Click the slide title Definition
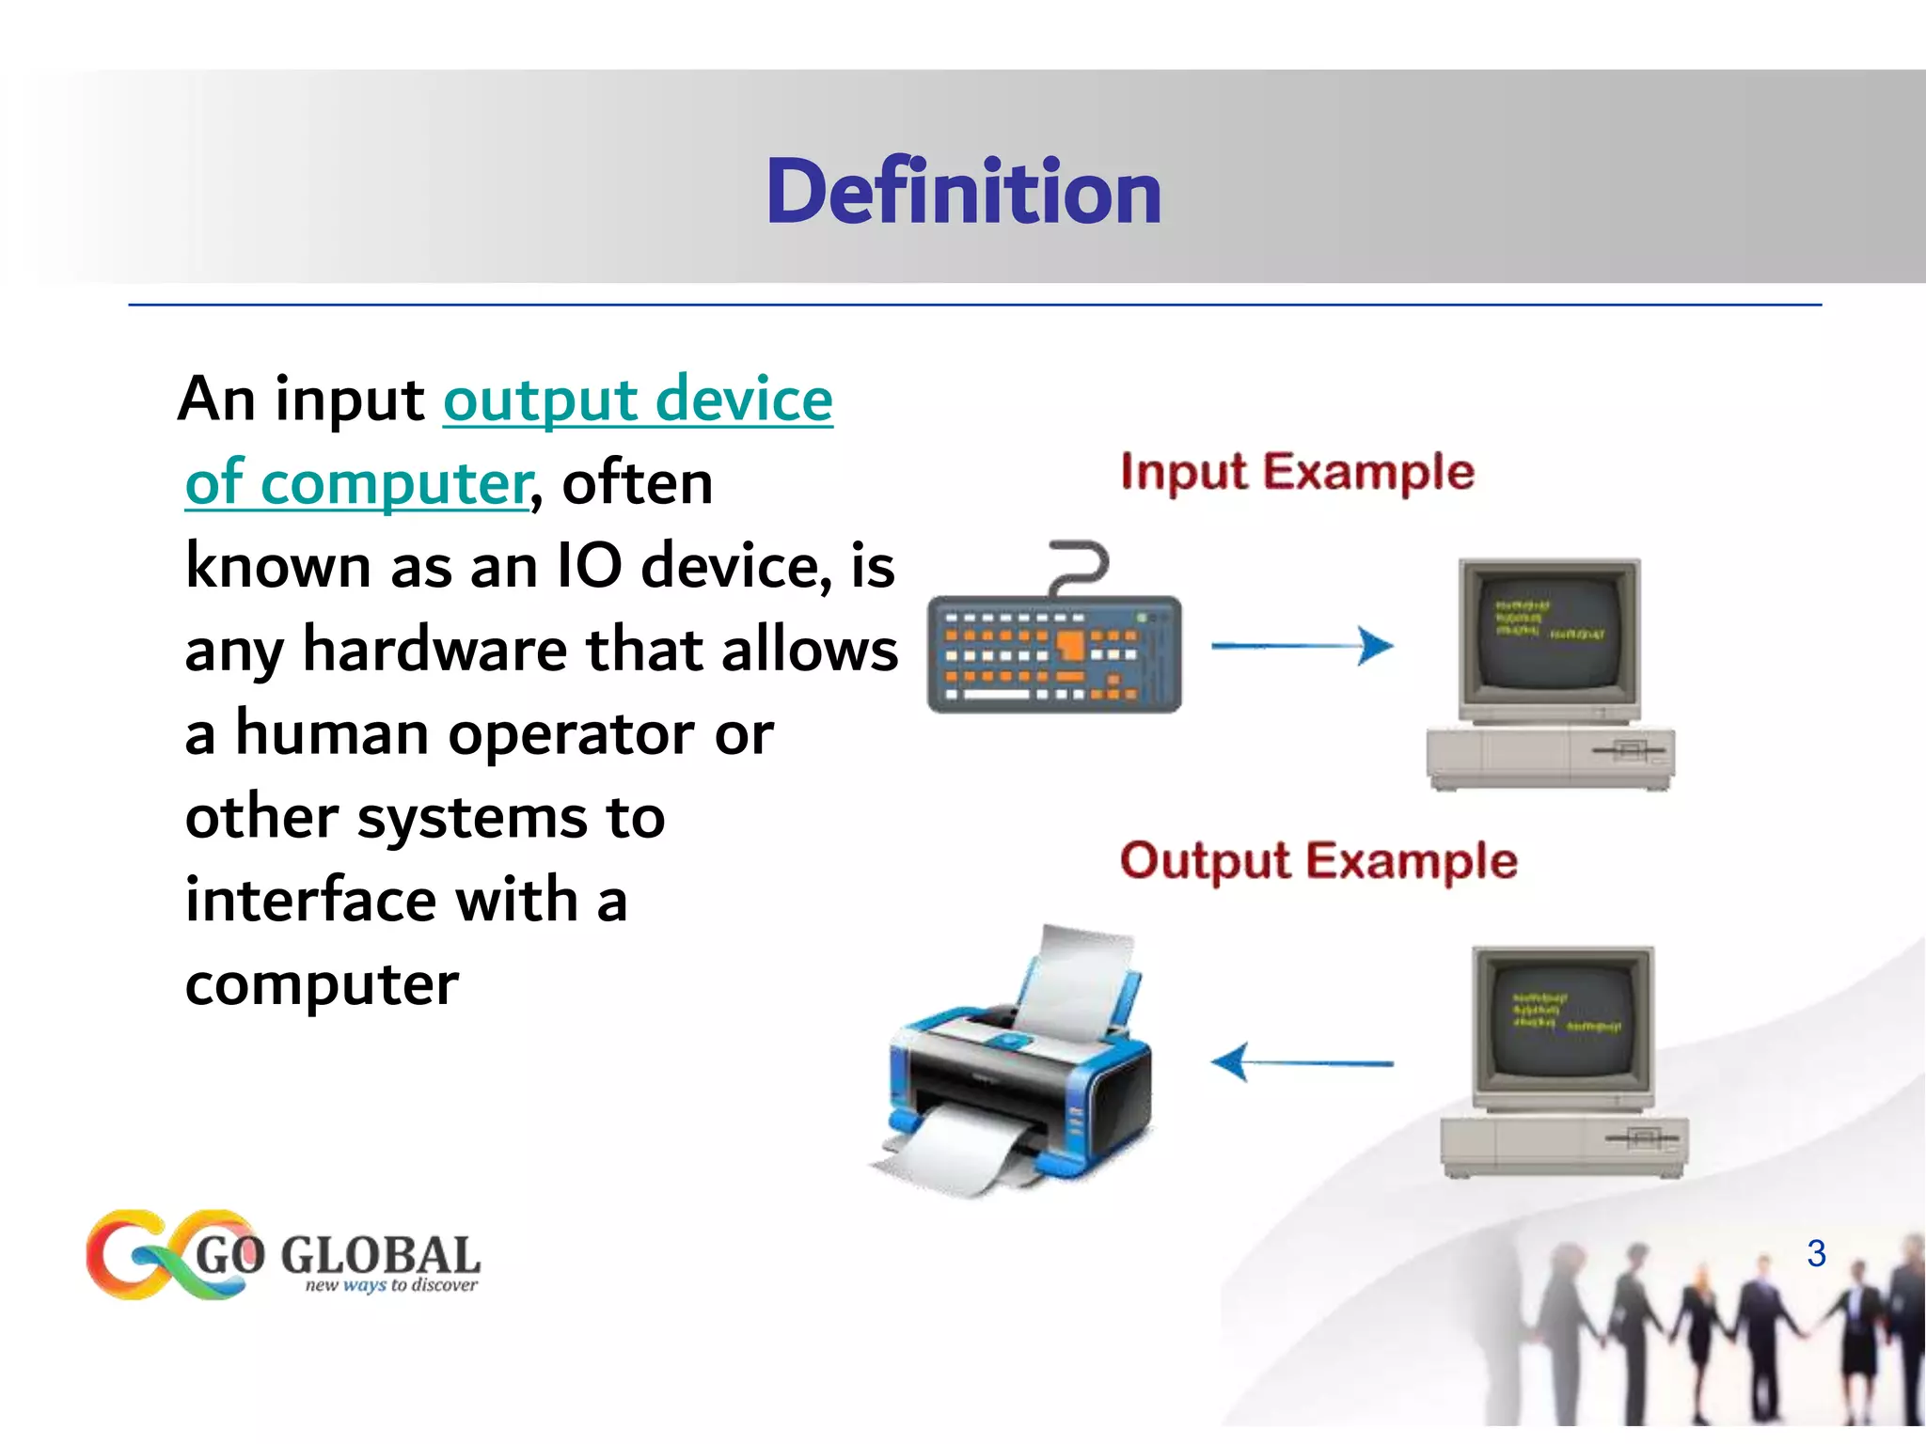[963, 192]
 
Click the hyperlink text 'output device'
[638, 400]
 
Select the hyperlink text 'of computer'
[358, 483]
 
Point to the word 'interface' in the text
[309, 900]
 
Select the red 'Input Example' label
[1297, 472]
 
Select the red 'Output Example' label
[1318, 861]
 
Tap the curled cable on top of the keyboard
[1081, 564]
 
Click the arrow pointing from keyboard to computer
[1302, 646]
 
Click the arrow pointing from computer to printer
[1302, 1063]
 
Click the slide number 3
[1816, 1253]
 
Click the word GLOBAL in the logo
[380, 1255]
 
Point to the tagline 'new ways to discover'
[391, 1285]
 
